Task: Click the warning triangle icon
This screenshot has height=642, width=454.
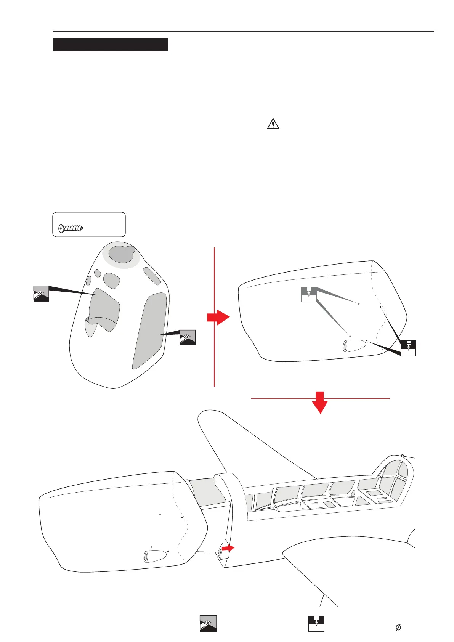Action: (x=273, y=124)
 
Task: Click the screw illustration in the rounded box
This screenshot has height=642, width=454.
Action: (x=71, y=228)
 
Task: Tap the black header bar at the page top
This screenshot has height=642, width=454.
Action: (x=110, y=45)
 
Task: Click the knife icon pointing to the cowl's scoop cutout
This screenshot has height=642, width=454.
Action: (x=41, y=293)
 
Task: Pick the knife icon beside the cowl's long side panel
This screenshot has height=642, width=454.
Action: (x=188, y=337)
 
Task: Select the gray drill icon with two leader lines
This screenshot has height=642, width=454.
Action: (x=309, y=294)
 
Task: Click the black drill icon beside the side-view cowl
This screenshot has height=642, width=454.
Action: (x=408, y=348)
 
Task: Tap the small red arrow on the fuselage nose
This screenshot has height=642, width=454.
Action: (x=228, y=548)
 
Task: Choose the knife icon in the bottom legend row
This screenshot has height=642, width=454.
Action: (x=208, y=623)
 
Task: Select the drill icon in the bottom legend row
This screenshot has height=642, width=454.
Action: (x=316, y=623)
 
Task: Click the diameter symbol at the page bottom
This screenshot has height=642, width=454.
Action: (x=398, y=628)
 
